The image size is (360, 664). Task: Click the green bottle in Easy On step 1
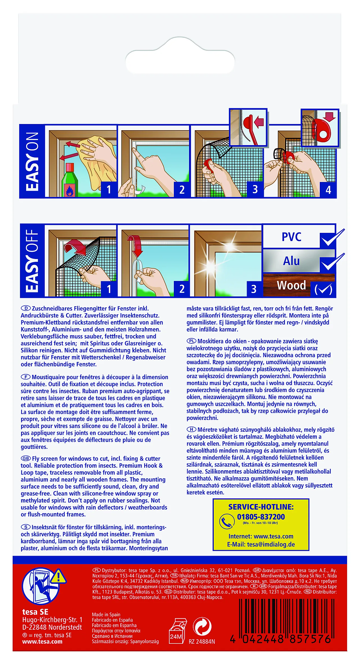pos(69,181)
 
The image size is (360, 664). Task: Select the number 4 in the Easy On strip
pos(328,190)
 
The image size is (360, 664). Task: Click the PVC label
pos(291,237)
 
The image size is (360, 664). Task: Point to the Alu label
pos(291,261)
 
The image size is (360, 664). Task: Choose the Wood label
pos(291,285)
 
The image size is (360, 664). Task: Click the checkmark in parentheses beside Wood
pos(323,289)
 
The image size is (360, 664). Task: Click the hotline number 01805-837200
pos(261,517)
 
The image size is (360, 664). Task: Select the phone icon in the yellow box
pos(227,521)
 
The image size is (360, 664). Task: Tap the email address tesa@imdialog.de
pos(261,544)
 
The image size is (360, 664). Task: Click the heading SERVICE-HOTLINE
pos(261,507)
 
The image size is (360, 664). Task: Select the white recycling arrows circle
pos(202,626)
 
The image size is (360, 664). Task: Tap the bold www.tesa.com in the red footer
pos(42,642)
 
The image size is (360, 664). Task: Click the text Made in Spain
pos(106,615)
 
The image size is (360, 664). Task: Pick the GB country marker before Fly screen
pos(26,458)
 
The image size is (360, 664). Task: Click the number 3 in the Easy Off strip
pos(254,289)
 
